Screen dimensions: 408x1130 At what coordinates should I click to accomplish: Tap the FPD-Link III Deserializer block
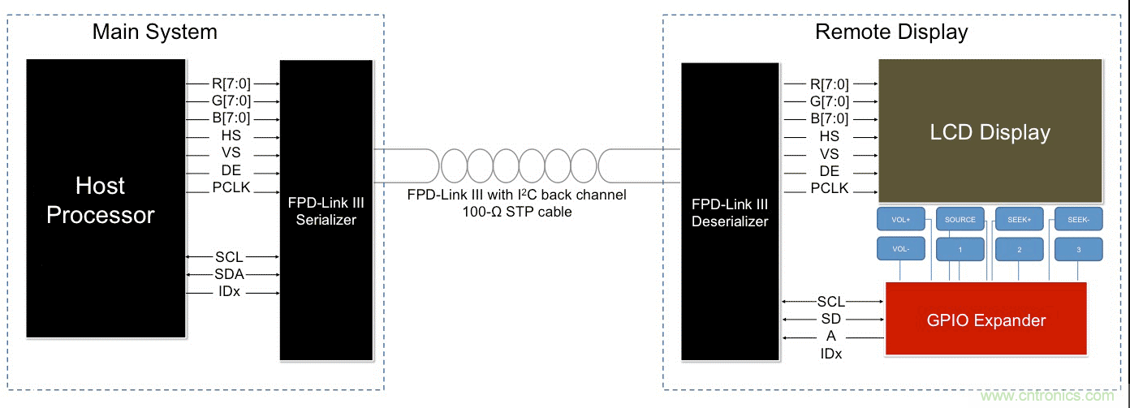[730, 212]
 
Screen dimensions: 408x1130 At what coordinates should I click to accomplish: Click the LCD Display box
[990, 132]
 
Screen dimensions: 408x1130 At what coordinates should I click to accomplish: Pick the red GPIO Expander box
[986, 320]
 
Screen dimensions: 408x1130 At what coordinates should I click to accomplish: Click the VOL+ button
[901, 220]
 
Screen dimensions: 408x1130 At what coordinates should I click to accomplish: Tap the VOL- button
[901, 250]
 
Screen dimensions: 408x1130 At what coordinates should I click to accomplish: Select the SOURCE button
[960, 220]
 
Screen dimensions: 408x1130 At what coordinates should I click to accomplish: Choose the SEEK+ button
[1019, 220]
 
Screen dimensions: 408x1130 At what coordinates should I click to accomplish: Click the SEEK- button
[1078, 220]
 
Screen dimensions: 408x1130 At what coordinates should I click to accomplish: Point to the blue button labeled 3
[1078, 250]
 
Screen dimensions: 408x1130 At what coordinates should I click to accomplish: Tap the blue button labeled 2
[1019, 250]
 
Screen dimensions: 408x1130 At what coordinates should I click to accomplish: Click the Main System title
[154, 32]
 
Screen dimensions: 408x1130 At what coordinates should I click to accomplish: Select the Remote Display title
[891, 32]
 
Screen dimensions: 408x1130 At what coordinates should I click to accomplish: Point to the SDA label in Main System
[231, 274]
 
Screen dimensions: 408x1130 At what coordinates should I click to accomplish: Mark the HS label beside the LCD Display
[829, 136]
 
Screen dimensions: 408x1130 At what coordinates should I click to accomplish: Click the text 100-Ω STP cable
[516, 212]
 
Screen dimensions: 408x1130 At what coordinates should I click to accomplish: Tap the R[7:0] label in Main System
[231, 84]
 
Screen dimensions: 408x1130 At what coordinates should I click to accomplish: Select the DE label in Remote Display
[829, 171]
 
